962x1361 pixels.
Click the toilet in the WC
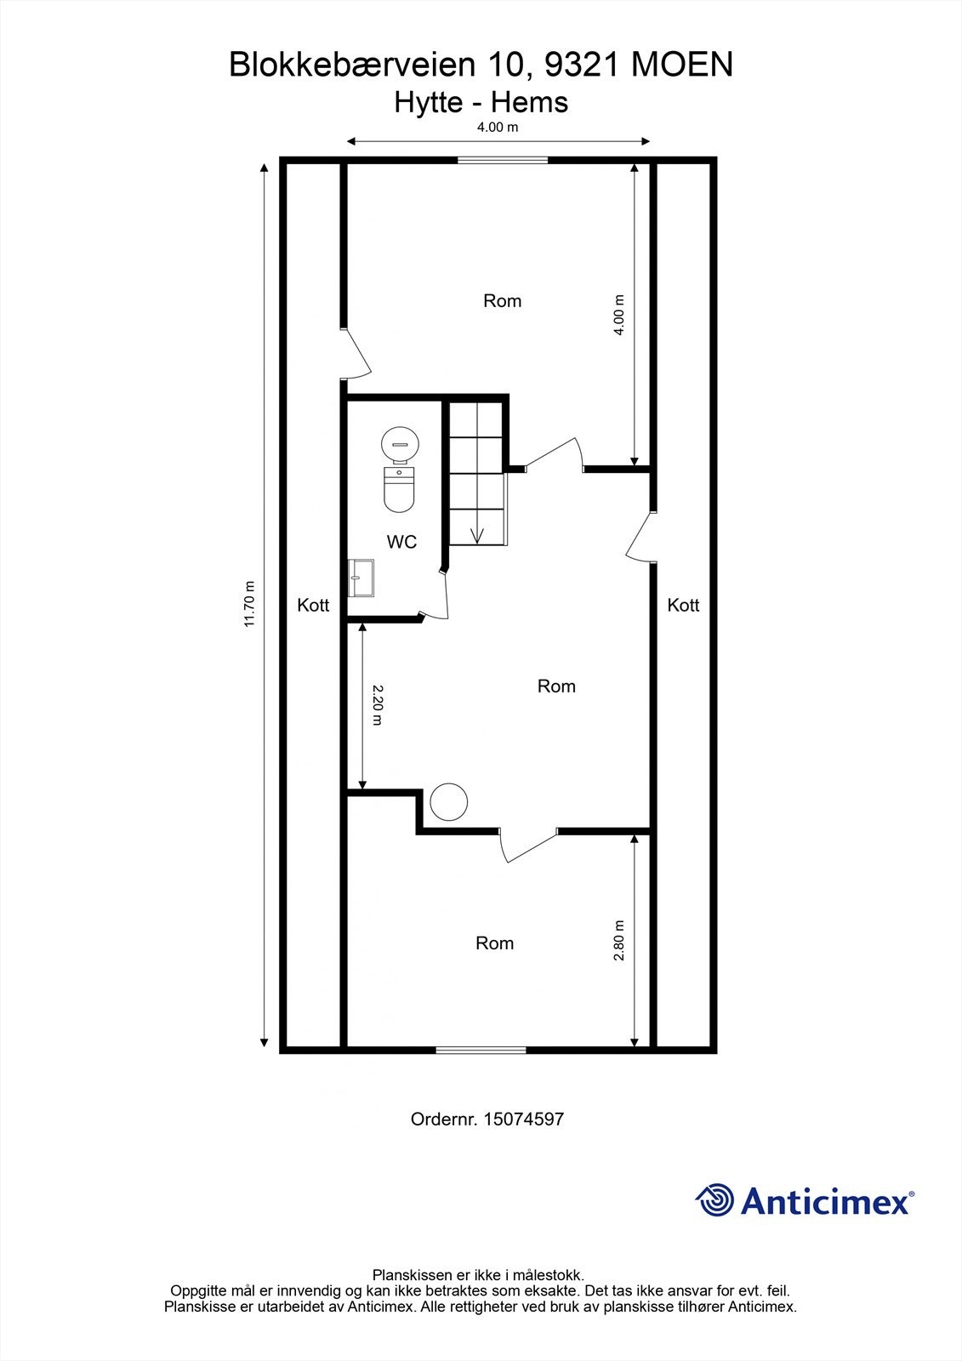(398, 489)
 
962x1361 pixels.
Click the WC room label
(401, 542)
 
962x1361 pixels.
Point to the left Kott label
(313, 606)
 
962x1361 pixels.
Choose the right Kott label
(683, 606)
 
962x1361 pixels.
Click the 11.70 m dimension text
(249, 604)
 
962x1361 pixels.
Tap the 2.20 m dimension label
(378, 705)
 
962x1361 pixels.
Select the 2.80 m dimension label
(619, 940)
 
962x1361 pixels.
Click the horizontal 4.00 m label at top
(497, 128)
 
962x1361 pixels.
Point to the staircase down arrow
(476, 534)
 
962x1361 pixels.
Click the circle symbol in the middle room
(448, 801)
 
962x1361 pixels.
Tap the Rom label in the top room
(502, 301)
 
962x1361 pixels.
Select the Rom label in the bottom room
(494, 943)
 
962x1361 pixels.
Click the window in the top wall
(503, 159)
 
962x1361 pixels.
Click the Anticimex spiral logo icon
(714, 1200)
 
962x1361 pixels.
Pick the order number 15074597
(523, 1119)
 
